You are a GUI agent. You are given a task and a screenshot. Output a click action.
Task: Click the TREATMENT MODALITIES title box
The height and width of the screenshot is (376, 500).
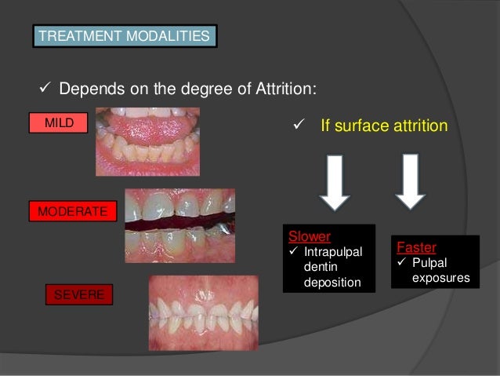125,36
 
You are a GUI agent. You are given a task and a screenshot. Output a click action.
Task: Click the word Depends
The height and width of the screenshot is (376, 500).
86,88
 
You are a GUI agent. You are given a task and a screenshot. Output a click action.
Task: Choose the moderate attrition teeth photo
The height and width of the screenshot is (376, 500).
179,225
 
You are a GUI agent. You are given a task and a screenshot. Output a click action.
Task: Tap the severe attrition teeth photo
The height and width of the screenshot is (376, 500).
203,312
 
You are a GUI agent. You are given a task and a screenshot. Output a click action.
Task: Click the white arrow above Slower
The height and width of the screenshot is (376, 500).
335,181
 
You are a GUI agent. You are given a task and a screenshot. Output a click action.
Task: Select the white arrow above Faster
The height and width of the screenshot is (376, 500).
410,181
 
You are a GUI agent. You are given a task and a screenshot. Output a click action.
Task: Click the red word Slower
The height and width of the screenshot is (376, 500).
310,236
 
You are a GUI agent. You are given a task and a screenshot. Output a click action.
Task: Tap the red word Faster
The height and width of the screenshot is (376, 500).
416,247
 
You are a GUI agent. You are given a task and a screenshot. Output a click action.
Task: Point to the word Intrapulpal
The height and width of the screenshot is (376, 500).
333,252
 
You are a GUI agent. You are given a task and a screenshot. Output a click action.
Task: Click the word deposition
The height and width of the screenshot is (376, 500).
332,282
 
